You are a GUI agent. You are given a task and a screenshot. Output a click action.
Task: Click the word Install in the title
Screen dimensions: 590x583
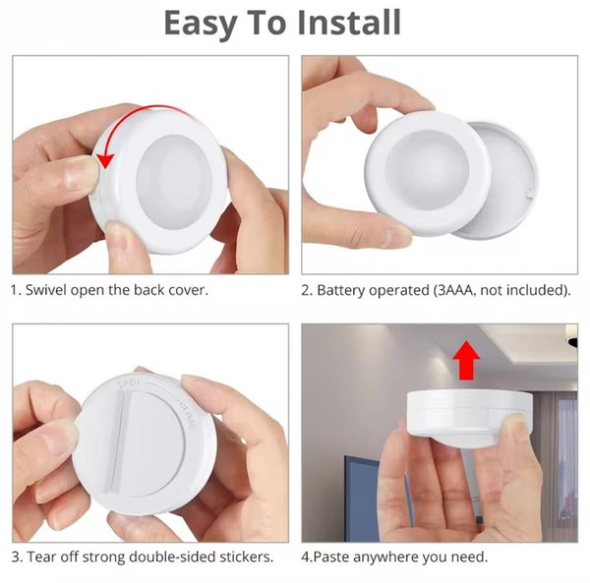(349, 23)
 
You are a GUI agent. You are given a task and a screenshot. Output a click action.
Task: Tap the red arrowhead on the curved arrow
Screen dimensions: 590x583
(105, 160)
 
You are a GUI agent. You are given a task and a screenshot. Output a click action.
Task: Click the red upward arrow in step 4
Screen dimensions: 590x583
(466, 361)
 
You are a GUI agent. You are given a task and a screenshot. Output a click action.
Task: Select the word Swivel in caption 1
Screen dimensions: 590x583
(46, 290)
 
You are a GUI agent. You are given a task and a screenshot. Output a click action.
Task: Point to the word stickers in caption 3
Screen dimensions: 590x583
(246, 556)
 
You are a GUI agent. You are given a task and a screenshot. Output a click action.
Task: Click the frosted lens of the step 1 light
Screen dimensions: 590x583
(174, 182)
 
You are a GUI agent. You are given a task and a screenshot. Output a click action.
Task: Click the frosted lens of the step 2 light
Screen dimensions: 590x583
(428, 170)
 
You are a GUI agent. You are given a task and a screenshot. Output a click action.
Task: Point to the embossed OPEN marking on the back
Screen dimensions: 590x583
(129, 382)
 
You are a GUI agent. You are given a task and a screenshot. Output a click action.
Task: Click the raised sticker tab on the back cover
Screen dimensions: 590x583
(118, 443)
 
